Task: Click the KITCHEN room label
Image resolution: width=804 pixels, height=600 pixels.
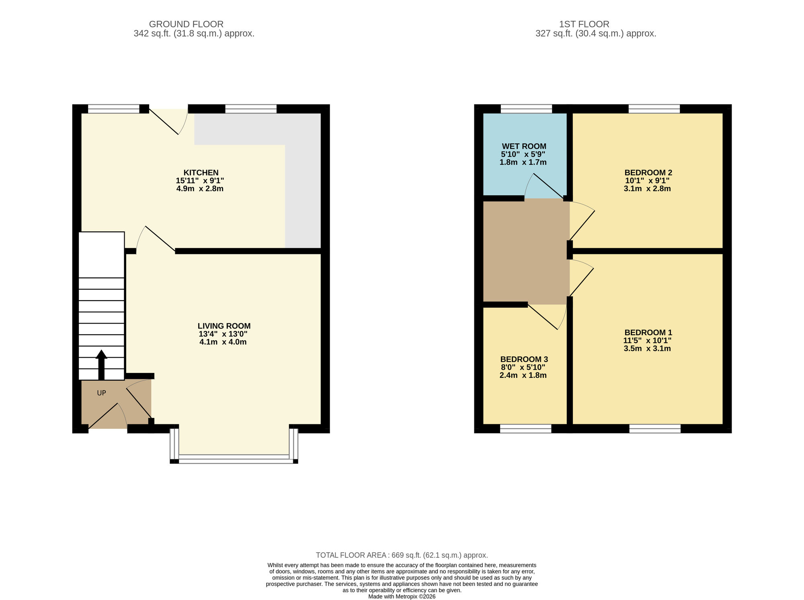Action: (201, 173)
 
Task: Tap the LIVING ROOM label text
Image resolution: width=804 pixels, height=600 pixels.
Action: (224, 326)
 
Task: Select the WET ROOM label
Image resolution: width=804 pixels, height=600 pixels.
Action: (524, 146)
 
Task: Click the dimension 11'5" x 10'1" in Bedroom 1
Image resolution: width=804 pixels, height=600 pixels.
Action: (647, 340)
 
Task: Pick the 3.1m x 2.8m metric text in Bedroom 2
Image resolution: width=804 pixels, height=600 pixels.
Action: (647, 188)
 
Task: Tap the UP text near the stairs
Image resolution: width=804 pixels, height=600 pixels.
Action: (101, 393)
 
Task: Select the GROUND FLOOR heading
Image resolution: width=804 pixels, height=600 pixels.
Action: (186, 24)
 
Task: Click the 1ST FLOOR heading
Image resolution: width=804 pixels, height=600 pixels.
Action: (584, 24)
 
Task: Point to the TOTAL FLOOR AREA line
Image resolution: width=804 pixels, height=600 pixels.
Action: (402, 555)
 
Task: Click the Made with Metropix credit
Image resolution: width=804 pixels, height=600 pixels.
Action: (402, 597)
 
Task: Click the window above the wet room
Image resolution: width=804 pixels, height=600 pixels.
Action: (526, 109)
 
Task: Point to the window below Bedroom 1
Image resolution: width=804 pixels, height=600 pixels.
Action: (655, 429)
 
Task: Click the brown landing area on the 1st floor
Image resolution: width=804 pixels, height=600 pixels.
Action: (526, 251)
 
